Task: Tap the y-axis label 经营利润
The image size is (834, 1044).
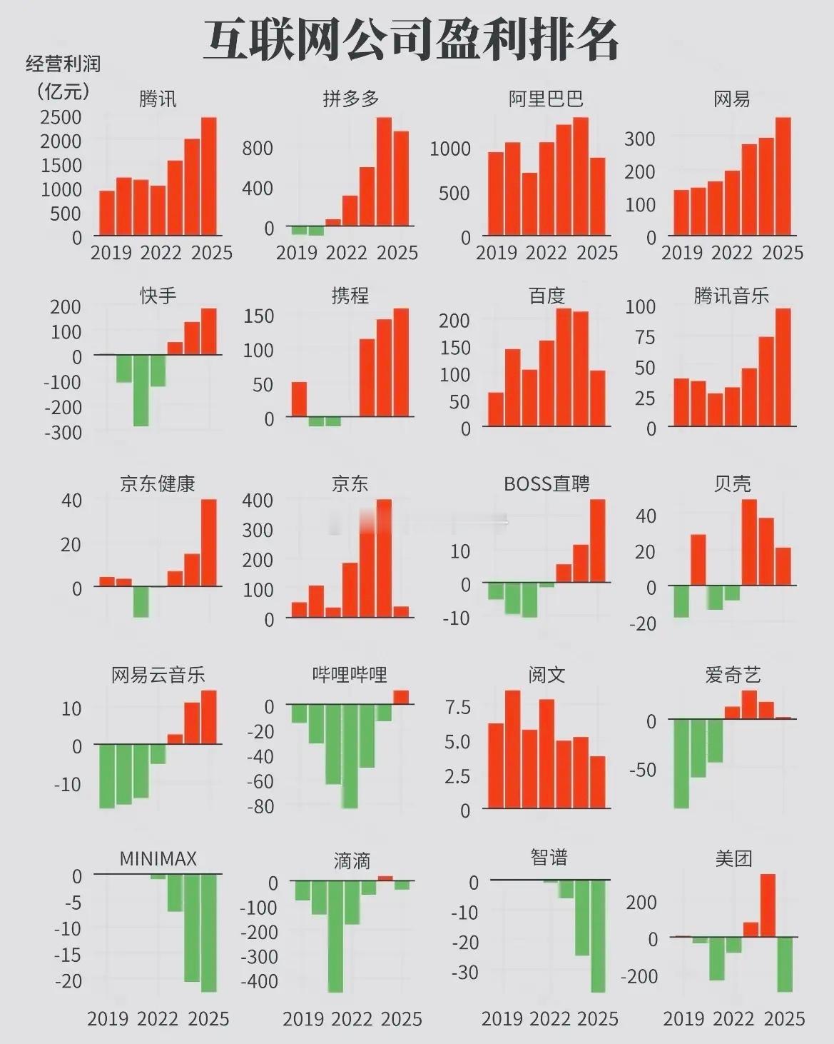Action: [63, 64]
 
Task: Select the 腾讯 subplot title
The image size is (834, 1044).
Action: [158, 99]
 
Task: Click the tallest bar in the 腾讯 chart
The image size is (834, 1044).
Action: [208, 176]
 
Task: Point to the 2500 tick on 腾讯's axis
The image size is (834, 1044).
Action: [61, 117]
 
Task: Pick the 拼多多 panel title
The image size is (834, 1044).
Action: [351, 99]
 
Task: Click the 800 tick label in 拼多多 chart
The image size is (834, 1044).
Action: [258, 149]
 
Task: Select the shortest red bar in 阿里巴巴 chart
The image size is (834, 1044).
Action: [529, 204]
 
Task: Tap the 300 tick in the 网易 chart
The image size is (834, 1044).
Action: [640, 139]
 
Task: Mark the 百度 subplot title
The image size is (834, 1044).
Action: [546, 296]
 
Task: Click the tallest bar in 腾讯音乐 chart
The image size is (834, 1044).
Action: [783, 367]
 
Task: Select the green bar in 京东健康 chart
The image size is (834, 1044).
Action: [141, 601]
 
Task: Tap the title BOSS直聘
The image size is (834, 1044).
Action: [546, 484]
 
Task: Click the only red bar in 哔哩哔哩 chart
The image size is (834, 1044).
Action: [401, 697]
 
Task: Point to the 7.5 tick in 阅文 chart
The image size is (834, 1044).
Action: [457, 708]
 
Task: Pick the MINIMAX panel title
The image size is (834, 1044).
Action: [158, 858]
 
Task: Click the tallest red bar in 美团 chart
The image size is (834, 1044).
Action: [768, 905]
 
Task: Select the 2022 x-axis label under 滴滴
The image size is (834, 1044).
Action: [352, 1019]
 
